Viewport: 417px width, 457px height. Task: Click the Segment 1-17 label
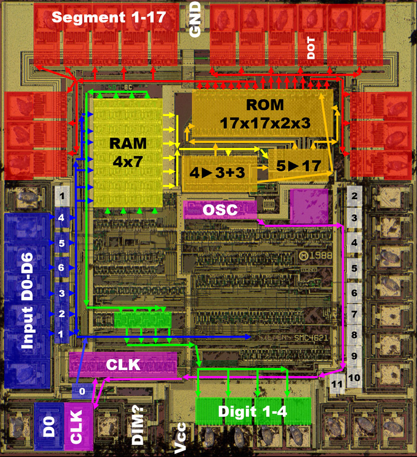pyautogui.click(x=108, y=18)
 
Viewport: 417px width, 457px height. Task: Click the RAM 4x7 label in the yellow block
pyautogui.click(x=128, y=150)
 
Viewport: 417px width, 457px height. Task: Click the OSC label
pyautogui.click(x=220, y=210)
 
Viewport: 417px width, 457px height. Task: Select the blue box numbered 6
pyautogui.click(x=61, y=268)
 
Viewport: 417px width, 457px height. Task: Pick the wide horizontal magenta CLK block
pyautogui.click(x=123, y=365)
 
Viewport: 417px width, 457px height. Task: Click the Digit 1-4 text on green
pyautogui.click(x=253, y=411)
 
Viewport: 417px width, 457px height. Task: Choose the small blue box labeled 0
pyautogui.click(x=81, y=392)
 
